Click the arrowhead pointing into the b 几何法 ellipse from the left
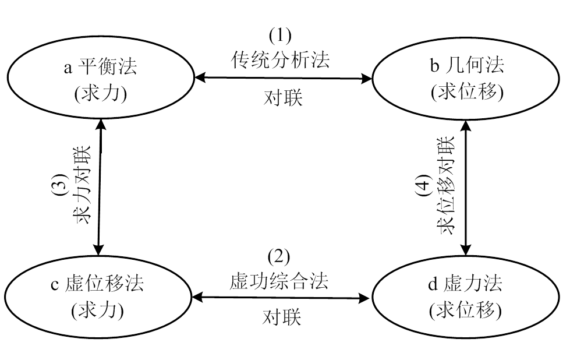366,77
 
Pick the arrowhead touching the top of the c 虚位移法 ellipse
100,249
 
